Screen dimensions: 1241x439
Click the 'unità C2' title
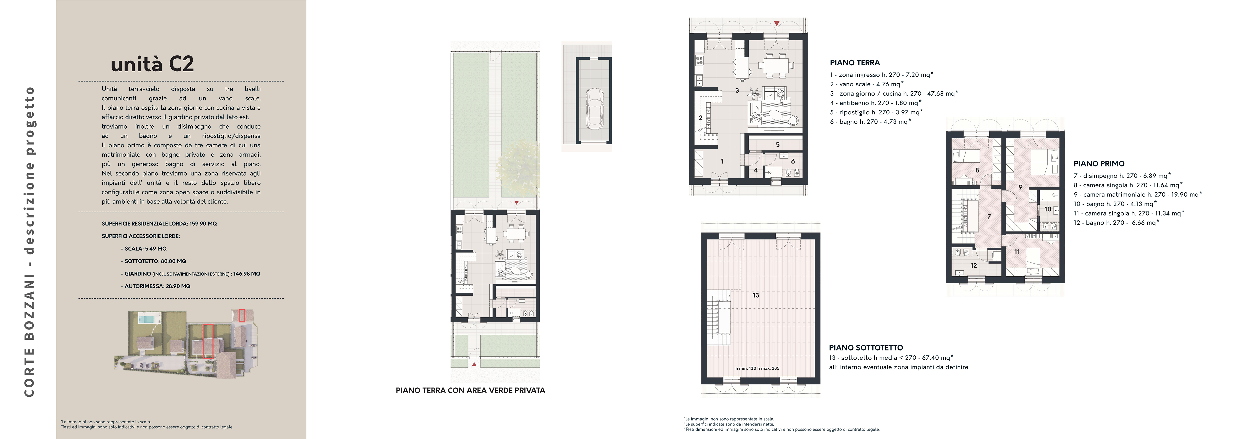(152, 64)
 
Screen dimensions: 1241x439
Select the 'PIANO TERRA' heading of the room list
(855, 63)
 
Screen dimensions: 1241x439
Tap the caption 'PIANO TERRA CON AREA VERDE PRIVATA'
(470, 391)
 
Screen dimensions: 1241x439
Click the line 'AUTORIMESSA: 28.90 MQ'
(156, 286)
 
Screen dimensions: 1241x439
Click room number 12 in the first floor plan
(974, 266)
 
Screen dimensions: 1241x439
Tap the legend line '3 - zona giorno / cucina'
(894, 94)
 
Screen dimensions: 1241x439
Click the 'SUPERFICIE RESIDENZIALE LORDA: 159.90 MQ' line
(159, 224)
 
